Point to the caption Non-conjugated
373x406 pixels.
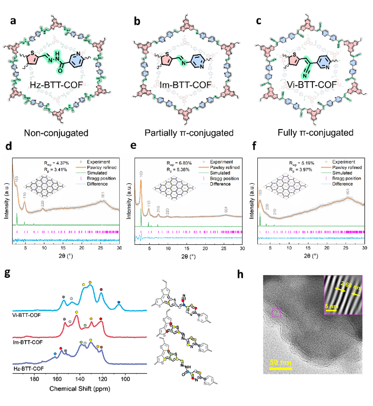pyautogui.click(x=62, y=133)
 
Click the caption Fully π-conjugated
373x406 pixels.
pyautogui.click(x=308, y=133)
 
